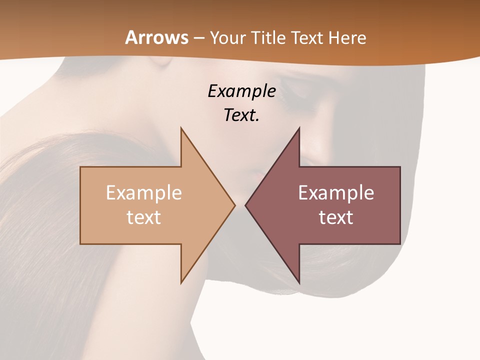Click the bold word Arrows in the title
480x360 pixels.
(157, 37)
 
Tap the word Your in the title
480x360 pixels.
(227, 37)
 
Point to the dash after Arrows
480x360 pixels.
(199, 38)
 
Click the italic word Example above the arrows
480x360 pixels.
(242, 91)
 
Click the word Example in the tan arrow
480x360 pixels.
(144, 193)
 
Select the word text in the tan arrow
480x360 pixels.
(144, 217)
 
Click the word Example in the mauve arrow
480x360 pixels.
(336, 193)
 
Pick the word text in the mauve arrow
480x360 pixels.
(336, 217)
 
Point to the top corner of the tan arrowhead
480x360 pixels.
(181, 128)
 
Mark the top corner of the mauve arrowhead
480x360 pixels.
(299, 128)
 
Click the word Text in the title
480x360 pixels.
(307, 37)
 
